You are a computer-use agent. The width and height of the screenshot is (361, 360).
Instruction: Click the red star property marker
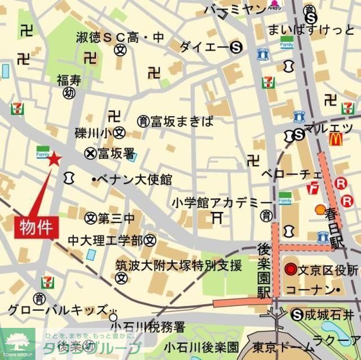(54, 159)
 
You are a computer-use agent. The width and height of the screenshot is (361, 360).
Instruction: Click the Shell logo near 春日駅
(319, 210)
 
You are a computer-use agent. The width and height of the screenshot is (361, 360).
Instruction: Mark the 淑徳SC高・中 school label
(121, 37)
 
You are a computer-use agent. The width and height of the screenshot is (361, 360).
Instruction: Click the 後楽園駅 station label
(263, 263)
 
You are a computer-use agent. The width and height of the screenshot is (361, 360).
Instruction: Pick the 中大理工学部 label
(105, 241)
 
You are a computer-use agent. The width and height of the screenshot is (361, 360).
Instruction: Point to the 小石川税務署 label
(148, 326)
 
